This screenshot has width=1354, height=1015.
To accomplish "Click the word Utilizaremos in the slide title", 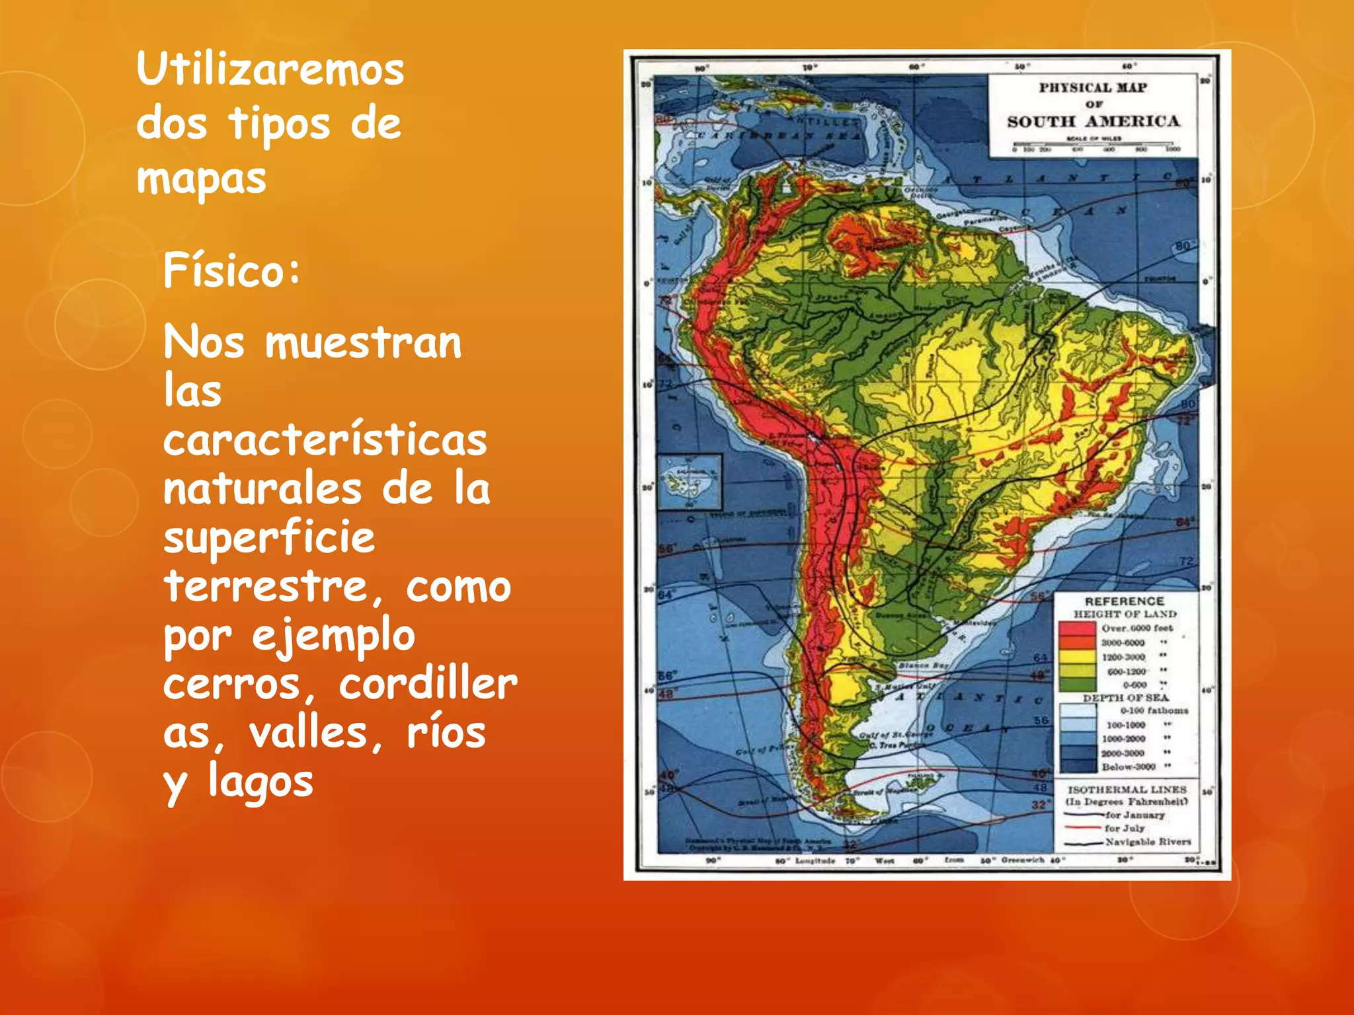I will click(x=270, y=69).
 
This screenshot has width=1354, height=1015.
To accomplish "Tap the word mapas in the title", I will click(x=201, y=178).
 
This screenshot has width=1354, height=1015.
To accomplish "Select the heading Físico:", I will click(x=231, y=270).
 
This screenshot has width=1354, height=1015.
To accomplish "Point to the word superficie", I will click(x=269, y=537).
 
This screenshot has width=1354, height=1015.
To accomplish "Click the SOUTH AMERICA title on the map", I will click(x=1093, y=122).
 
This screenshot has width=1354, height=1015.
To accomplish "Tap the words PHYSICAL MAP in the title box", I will click(x=1092, y=87).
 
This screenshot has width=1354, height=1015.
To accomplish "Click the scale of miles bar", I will click(x=1092, y=144).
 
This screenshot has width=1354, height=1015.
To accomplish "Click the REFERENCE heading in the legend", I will click(x=1124, y=601).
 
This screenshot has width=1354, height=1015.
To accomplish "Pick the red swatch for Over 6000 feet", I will click(x=1078, y=628).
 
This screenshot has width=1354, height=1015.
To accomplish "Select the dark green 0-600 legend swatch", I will click(x=1078, y=685).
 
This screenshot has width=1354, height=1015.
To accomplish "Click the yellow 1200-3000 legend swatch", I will click(x=1078, y=657).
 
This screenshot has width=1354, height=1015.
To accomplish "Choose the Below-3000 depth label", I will click(x=1128, y=767).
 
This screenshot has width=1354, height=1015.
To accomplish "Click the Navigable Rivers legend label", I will click(x=1148, y=842).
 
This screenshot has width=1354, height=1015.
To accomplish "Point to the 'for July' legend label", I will click(x=1124, y=828).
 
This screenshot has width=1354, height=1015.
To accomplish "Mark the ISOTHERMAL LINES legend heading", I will click(x=1127, y=790).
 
